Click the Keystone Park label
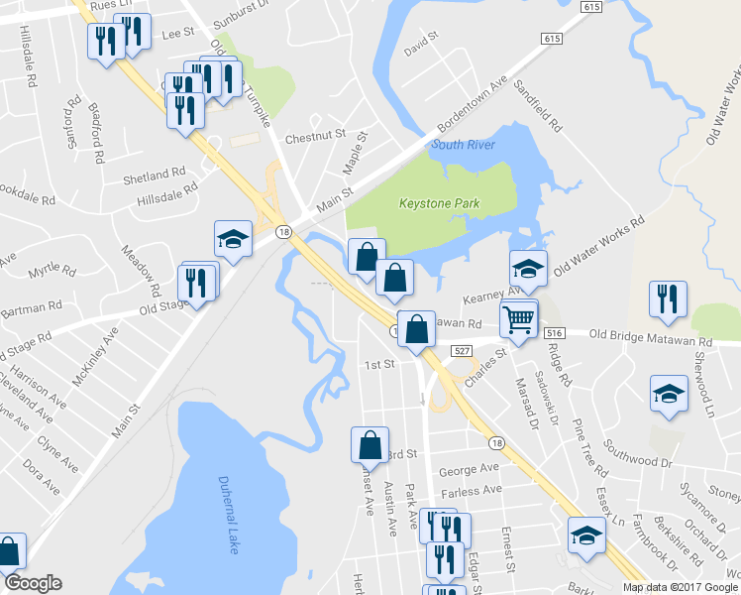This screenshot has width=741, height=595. click(439, 203)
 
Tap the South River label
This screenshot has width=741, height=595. click(462, 145)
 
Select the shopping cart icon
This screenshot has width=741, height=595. click(519, 318)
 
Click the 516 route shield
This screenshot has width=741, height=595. click(553, 334)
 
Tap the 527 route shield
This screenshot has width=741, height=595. click(461, 350)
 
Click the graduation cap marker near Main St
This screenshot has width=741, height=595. click(233, 238)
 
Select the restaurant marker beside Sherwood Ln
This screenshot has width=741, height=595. click(668, 297)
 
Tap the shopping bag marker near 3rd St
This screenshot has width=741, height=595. click(370, 443)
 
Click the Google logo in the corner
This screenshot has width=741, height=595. click(33, 583)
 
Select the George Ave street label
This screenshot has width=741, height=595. click(470, 468)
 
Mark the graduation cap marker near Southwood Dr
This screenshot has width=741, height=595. click(669, 393)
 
